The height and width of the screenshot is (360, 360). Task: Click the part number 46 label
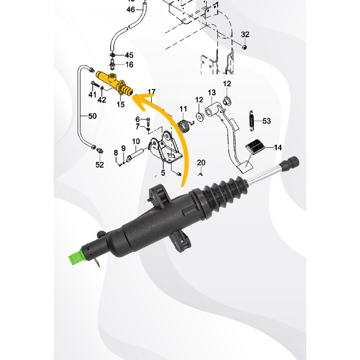point(130,9)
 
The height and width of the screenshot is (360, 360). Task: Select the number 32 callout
point(245,34)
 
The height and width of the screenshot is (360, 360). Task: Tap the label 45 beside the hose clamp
point(129,55)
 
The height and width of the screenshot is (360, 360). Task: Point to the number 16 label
point(129,65)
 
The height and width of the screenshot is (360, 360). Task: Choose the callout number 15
point(121,104)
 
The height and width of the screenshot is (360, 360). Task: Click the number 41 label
point(92,94)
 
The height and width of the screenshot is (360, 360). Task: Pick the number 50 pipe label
point(92,116)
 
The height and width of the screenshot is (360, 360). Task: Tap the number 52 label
point(99,165)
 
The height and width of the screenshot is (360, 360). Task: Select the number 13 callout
point(212,92)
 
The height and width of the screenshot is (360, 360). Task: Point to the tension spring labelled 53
point(252,121)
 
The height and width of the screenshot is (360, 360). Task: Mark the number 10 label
point(136,141)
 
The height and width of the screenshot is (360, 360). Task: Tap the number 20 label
point(201,162)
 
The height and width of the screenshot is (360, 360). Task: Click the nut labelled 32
point(245,47)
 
